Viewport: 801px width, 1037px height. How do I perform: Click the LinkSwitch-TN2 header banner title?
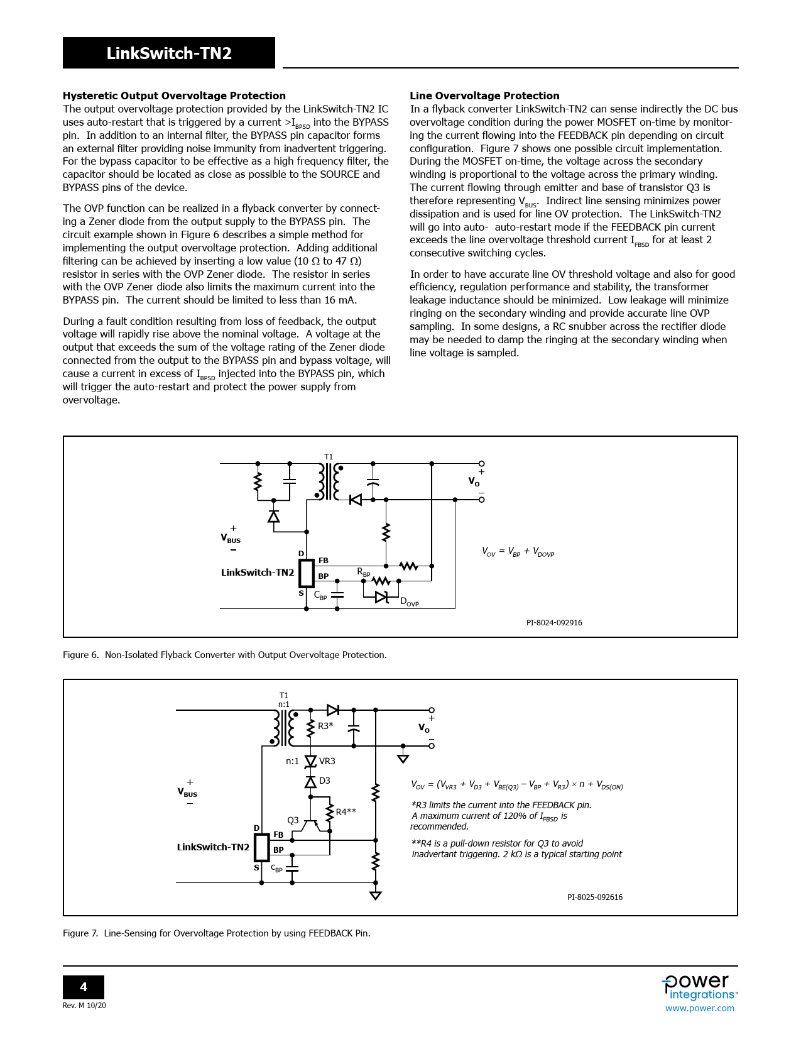tap(169, 53)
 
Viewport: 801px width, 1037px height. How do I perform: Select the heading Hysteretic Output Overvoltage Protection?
tap(174, 96)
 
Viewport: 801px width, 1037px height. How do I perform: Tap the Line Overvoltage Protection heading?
tap(484, 96)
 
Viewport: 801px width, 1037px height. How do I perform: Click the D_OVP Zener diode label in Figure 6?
tap(409, 601)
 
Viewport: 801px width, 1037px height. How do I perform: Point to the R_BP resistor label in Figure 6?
tap(364, 572)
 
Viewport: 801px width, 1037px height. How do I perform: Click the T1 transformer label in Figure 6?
tap(329, 457)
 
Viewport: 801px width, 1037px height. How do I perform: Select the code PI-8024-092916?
tap(553, 623)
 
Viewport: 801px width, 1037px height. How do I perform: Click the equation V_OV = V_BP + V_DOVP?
tap(518, 552)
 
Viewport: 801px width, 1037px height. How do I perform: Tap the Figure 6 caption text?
tap(224, 655)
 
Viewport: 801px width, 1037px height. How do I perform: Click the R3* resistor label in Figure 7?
tap(325, 726)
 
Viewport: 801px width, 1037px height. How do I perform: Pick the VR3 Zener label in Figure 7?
tap(327, 761)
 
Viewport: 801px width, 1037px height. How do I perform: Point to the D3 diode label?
tap(325, 781)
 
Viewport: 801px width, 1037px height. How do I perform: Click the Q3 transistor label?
tap(293, 820)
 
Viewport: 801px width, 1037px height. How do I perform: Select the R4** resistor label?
tap(346, 811)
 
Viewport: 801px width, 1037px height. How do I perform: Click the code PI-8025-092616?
tap(594, 897)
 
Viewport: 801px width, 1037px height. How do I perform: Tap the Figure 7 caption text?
tap(216, 933)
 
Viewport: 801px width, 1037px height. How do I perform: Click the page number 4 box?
tap(84, 987)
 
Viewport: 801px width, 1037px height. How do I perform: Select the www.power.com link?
tap(699, 1008)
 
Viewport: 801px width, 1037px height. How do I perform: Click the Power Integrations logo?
tap(699, 987)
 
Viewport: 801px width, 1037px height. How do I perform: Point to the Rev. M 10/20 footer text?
tap(84, 1006)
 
